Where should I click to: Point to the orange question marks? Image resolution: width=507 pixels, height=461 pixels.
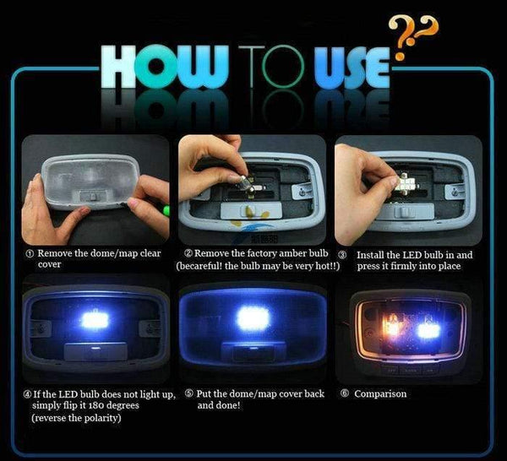(412, 34)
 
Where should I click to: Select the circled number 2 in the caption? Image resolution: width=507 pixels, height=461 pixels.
(188, 253)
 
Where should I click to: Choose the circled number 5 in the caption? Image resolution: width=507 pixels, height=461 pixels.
(188, 393)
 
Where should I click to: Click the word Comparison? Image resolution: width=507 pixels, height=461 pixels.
(379, 393)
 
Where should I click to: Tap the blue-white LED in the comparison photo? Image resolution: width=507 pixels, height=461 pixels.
(428, 329)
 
